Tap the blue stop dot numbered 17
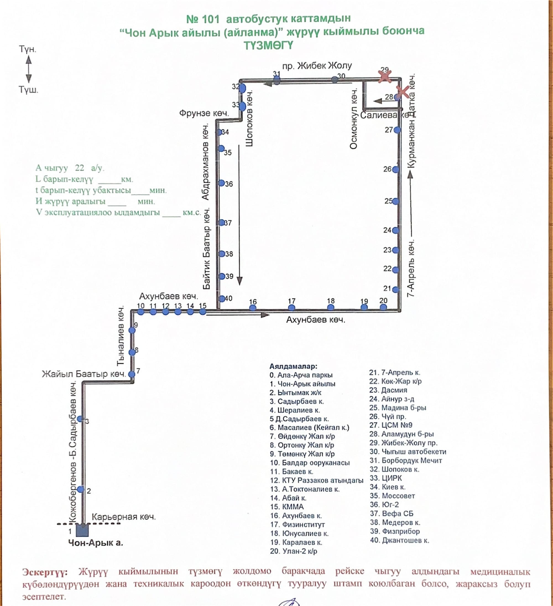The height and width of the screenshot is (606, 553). point(291,308)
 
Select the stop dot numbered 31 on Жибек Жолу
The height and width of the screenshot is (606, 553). point(277,80)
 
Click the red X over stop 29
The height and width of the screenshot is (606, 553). point(385,76)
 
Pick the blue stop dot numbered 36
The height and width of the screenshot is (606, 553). point(221,183)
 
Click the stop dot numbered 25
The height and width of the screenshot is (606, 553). point(396,201)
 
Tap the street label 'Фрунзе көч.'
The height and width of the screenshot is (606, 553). point(204,113)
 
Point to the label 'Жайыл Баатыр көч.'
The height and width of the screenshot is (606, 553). point(84,374)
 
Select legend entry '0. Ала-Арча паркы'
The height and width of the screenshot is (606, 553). point(301,375)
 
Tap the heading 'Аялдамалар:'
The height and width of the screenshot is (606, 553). point(293,367)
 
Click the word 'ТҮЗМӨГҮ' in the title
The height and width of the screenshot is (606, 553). point(268,46)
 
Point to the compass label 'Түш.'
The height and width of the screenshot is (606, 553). point(28,90)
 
